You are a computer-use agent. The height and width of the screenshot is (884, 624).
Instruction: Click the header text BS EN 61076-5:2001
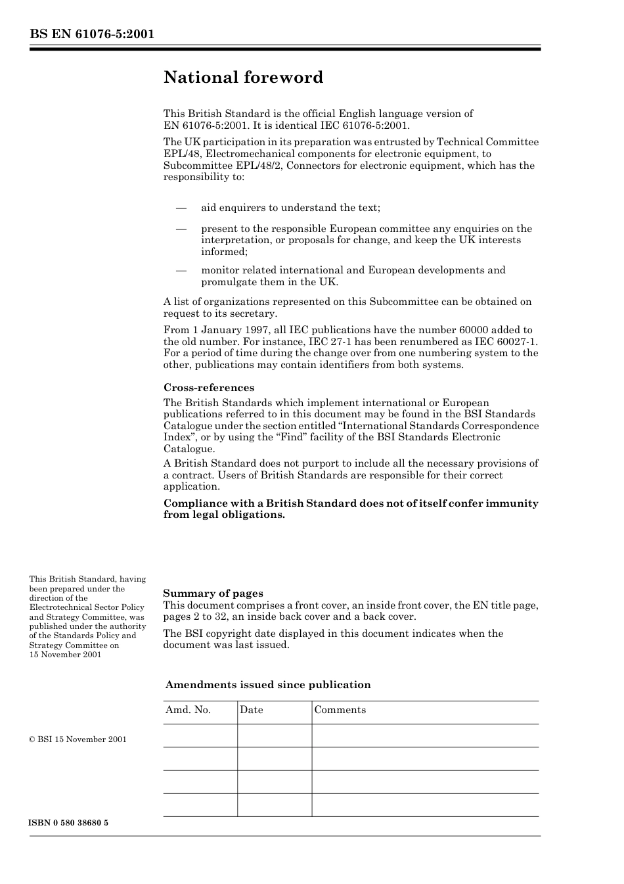(91, 34)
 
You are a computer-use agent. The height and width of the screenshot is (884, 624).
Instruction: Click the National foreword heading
(243, 78)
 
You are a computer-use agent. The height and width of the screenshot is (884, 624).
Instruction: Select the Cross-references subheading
(208, 387)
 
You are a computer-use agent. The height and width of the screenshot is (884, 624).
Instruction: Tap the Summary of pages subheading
(213, 593)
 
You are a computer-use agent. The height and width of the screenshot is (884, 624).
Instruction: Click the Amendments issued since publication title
(268, 685)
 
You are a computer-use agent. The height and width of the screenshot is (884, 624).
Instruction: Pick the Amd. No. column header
(188, 710)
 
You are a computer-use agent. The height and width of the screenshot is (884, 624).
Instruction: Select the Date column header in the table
(251, 710)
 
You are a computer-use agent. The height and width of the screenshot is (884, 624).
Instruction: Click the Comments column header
(340, 710)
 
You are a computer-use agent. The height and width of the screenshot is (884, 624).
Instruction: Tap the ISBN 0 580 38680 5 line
(68, 823)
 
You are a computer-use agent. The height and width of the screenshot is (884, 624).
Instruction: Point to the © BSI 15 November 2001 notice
(78, 739)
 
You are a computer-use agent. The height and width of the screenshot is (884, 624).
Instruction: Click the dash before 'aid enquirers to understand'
(181, 208)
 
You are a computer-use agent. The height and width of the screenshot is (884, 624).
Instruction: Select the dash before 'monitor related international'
(181, 270)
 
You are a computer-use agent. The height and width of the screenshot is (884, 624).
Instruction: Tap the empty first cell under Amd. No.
(200, 735)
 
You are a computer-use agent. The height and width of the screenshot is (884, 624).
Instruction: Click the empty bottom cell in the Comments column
(424, 804)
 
